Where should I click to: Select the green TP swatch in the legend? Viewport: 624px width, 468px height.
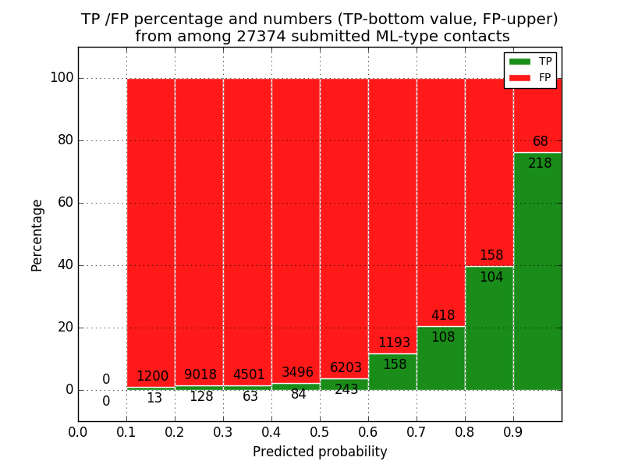click(x=519, y=61)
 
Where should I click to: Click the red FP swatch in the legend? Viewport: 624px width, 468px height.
click(x=519, y=77)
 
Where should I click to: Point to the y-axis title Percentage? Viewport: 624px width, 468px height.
click(x=37, y=235)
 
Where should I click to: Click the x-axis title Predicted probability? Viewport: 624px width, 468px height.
click(x=320, y=452)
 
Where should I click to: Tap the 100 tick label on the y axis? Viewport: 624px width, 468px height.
click(x=62, y=78)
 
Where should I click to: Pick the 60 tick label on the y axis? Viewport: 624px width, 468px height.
click(x=66, y=203)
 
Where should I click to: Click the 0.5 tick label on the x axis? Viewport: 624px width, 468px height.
click(x=320, y=431)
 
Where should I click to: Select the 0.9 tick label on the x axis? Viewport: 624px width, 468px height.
click(x=513, y=431)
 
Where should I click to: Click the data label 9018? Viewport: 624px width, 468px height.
click(x=200, y=375)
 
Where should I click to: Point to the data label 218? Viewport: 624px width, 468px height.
click(x=540, y=164)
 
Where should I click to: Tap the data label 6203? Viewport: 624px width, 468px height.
click(x=346, y=368)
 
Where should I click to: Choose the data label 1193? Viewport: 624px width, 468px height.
click(x=395, y=343)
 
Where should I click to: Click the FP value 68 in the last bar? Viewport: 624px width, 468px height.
click(x=541, y=142)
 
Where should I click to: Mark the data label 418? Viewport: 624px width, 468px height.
click(x=443, y=316)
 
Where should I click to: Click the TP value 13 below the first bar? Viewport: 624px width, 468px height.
click(x=154, y=399)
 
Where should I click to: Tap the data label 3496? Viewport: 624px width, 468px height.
click(x=297, y=373)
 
